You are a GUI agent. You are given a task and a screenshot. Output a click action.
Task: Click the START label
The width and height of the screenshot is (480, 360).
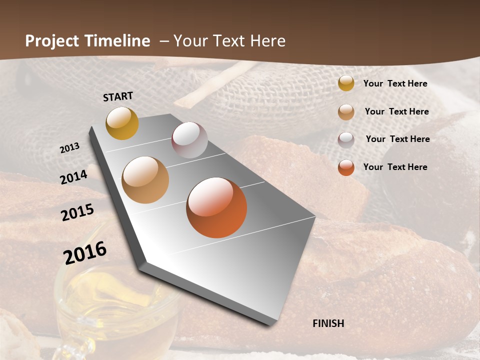118,96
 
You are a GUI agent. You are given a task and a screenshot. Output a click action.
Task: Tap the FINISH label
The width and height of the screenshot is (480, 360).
328,323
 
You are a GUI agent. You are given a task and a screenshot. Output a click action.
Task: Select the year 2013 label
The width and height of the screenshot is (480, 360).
70,148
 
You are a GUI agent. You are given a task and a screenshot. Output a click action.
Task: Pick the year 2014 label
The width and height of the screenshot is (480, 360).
74,177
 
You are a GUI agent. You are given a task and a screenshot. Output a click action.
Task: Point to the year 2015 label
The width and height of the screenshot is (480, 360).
77,212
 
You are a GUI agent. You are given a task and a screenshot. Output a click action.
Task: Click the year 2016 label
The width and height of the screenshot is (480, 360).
85,252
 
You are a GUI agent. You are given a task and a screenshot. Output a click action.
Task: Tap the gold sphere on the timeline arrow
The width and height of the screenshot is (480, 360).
122,123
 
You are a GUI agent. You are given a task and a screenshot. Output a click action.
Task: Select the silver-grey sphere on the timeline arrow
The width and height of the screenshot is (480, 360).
189,140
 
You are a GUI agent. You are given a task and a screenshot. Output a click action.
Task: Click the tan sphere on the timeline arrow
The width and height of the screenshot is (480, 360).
145,180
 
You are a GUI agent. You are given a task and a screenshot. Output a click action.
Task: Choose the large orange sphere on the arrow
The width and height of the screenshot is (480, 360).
216,207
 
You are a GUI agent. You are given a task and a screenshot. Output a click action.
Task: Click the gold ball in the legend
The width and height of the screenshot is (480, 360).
346,83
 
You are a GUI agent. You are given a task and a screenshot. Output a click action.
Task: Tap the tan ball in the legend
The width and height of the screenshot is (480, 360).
346,112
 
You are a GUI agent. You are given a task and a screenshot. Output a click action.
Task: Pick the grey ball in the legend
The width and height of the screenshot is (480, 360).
346,139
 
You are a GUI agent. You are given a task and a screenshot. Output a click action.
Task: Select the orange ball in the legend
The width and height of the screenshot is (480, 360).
346,167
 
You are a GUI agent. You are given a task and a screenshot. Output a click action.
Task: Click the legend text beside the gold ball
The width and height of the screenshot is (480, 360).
395,83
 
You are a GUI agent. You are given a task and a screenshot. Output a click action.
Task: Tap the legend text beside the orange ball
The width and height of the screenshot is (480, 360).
395,167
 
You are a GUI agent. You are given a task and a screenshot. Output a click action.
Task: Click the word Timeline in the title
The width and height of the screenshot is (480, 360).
117,41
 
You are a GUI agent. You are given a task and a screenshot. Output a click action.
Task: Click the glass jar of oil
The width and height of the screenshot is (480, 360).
115,305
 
